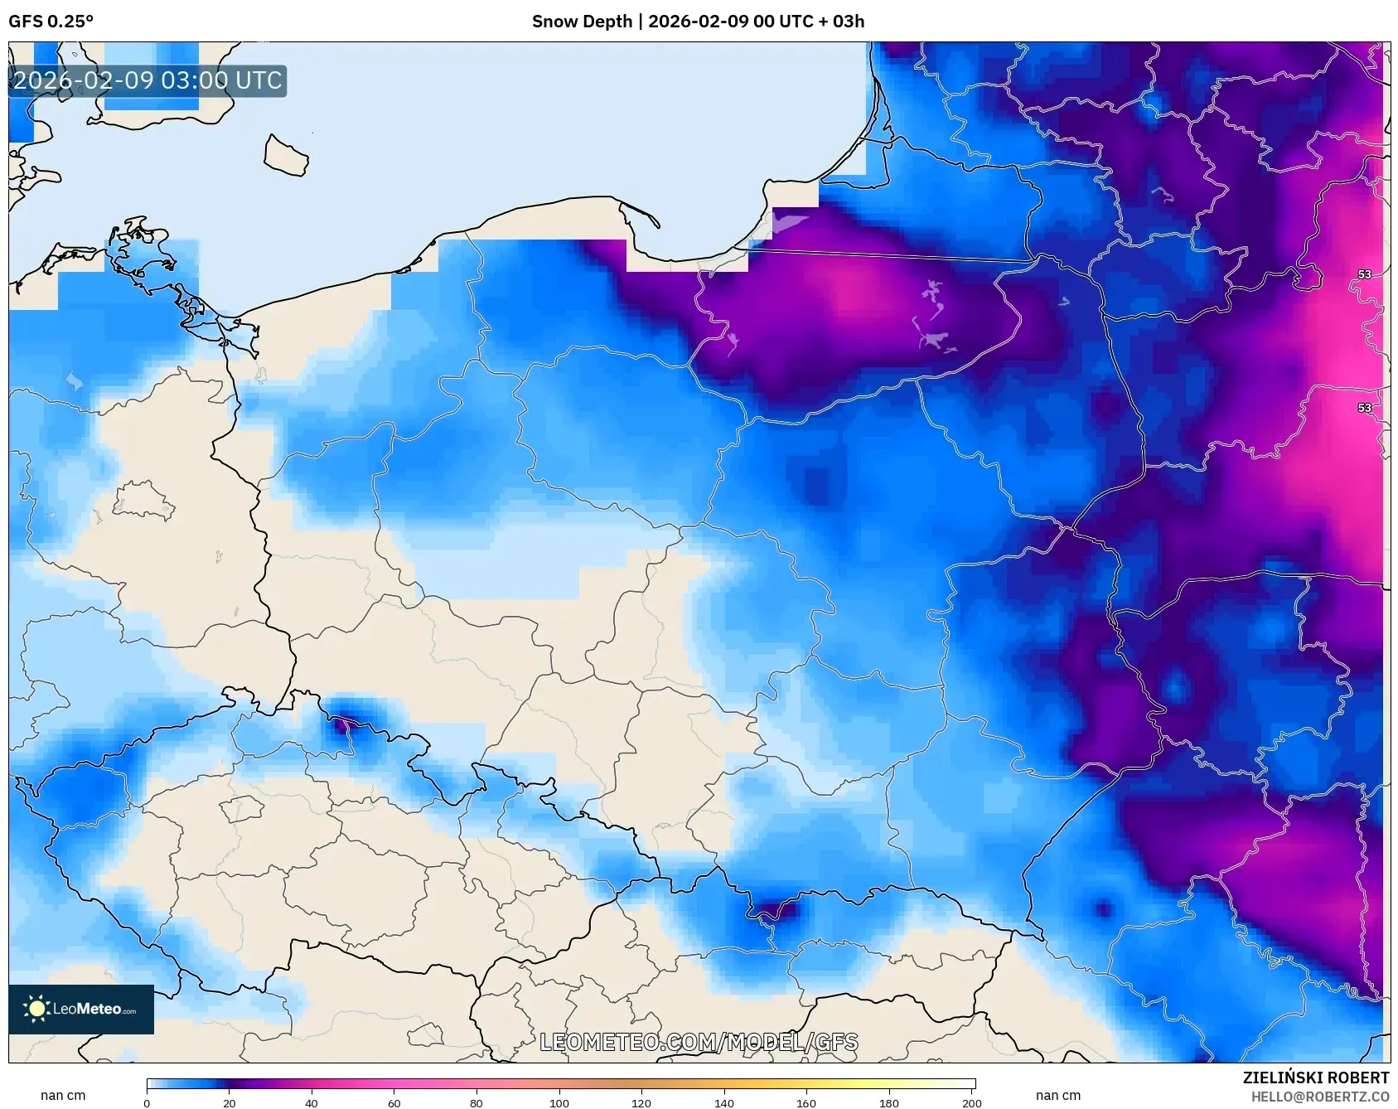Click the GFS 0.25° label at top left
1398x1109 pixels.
[51, 22]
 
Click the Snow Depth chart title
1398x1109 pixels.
[698, 22]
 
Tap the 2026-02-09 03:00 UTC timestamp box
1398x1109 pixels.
[148, 81]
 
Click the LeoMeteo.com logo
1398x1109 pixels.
[81, 1009]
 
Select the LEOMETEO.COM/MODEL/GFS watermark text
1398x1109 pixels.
[699, 1042]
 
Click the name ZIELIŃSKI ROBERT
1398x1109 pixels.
[1315, 1078]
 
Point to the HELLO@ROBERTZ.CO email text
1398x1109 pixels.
[1319, 1097]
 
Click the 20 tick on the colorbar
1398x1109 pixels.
[230, 1102]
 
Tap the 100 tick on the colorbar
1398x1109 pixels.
[559, 1102]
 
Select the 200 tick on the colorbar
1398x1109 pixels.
[971, 1102]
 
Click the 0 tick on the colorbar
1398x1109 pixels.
[148, 1102]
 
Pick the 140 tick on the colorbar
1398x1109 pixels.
[724, 1102]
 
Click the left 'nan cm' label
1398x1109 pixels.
[63, 1096]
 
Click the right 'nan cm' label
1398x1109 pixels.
[1057, 1096]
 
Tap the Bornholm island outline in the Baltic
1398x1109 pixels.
[286, 156]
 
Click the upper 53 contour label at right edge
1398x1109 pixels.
[1364, 274]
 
